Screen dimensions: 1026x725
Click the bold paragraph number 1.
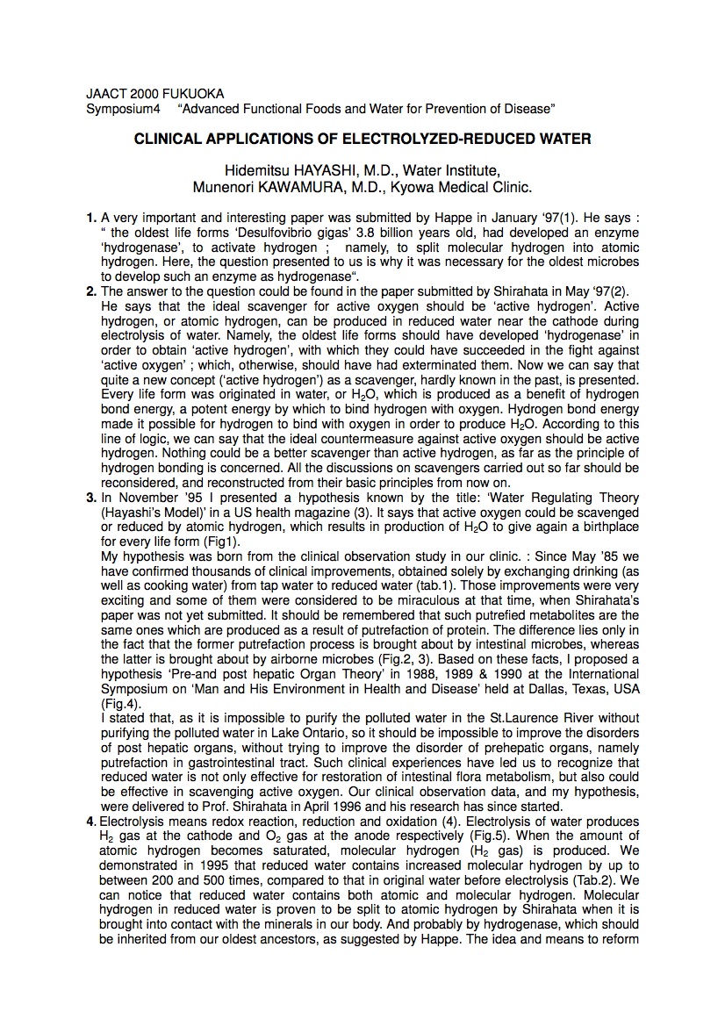pos(90,217)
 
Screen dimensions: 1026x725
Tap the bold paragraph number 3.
pos(90,498)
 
